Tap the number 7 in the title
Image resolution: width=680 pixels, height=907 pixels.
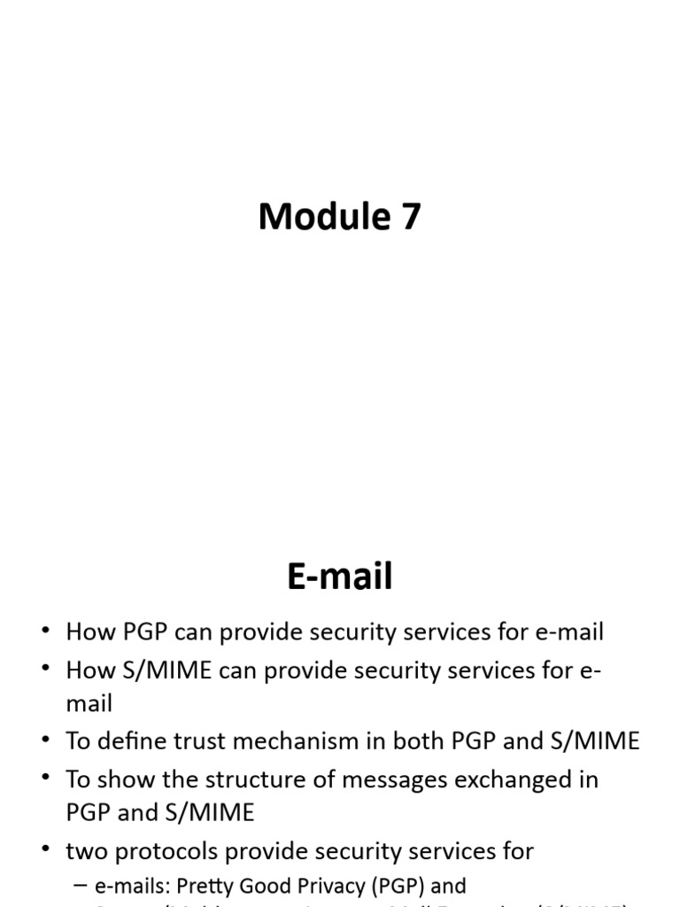click(x=410, y=217)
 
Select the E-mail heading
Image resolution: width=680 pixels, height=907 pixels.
click(x=340, y=578)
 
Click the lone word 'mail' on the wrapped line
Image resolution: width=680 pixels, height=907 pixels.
click(x=89, y=704)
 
